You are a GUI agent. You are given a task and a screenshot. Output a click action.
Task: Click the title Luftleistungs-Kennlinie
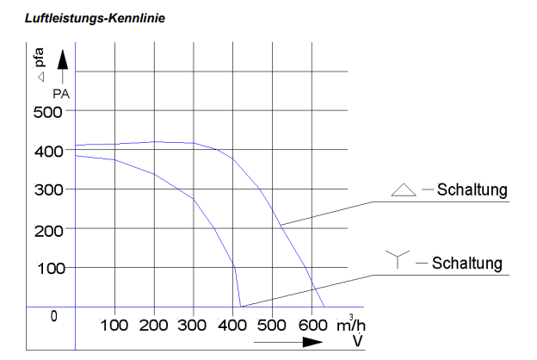(x=83, y=17)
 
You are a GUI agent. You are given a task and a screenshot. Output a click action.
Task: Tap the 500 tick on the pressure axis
(x=48, y=112)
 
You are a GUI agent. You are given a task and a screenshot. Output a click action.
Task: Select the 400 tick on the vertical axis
(x=48, y=151)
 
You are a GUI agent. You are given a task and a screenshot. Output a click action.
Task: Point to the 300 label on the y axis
(x=48, y=189)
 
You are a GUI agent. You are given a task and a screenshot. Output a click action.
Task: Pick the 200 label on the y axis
(x=48, y=229)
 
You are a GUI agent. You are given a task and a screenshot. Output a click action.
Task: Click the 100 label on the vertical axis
(x=48, y=268)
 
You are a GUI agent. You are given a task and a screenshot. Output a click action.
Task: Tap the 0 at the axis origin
(x=53, y=315)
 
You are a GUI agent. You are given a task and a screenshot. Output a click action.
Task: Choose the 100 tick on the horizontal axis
(x=114, y=326)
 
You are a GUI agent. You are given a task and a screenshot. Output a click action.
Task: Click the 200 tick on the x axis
(x=154, y=326)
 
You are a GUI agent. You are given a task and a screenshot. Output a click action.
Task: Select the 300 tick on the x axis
(x=193, y=326)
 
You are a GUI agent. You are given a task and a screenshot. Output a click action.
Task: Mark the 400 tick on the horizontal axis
(x=232, y=326)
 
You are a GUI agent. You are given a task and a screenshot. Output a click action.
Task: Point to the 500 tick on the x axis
(x=271, y=326)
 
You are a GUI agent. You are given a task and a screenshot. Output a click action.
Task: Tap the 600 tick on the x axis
(x=311, y=326)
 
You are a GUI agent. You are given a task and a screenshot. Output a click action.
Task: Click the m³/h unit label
(x=347, y=324)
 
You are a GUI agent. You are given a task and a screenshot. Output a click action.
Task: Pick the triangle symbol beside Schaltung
(x=404, y=190)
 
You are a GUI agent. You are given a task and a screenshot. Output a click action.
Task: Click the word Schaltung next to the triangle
(x=472, y=190)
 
